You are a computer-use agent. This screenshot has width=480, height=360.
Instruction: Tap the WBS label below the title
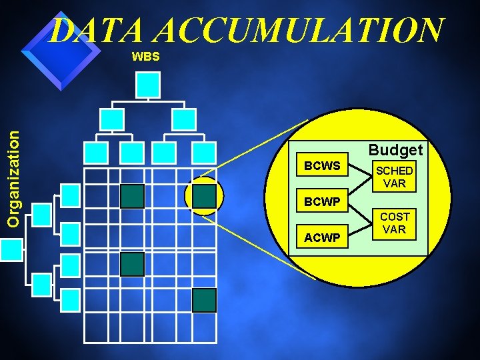point(145,57)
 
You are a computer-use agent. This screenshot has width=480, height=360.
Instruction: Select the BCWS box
point(322,165)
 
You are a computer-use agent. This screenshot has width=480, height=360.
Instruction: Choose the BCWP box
point(322,201)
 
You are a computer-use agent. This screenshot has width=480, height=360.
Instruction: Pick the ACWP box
point(322,237)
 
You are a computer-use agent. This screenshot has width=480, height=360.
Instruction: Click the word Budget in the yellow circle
point(395,151)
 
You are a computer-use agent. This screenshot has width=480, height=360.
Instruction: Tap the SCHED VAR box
point(395,177)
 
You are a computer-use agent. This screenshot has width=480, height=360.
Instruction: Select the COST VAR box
point(395,223)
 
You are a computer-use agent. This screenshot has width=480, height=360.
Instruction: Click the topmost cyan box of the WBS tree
point(148,84)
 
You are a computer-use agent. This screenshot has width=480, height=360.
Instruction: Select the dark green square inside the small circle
point(204,195)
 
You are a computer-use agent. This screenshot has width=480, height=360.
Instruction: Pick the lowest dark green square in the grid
point(204,300)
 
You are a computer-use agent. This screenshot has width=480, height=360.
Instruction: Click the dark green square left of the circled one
point(132,195)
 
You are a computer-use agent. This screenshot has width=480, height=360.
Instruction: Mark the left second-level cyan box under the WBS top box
point(112,119)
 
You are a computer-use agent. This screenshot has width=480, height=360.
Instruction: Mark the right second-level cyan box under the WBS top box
point(184,119)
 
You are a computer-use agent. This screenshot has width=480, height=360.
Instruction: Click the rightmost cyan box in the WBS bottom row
point(204,153)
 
